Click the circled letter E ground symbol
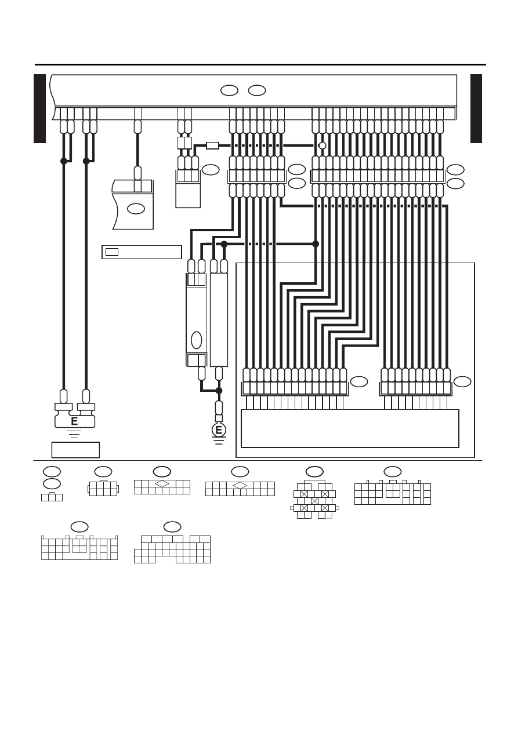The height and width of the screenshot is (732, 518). pyautogui.click(x=219, y=430)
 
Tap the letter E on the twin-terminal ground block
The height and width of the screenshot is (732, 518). pyautogui.click(x=74, y=421)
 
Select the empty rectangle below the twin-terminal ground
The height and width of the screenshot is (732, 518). pyautogui.click(x=75, y=450)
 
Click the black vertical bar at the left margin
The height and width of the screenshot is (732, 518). pyautogui.click(x=39, y=108)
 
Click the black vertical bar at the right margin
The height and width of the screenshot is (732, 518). pyautogui.click(x=476, y=108)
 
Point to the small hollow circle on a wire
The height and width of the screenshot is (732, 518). pyautogui.click(x=322, y=145)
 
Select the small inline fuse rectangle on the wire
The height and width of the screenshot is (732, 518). pyautogui.click(x=212, y=145)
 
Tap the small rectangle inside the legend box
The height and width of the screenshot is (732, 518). pyautogui.click(x=112, y=252)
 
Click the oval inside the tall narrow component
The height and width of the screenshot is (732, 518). pyautogui.click(x=196, y=340)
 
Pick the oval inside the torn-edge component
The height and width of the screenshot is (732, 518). pyautogui.click(x=136, y=209)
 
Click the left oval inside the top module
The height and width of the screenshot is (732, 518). pyautogui.click(x=229, y=90)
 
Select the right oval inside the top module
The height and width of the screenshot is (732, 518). pyautogui.click(x=257, y=90)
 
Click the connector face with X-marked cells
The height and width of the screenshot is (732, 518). pyautogui.click(x=314, y=501)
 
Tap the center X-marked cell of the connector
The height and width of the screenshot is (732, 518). pyautogui.click(x=314, y=501)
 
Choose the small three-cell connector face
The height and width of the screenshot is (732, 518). pyautogui.click(x=52, y=497)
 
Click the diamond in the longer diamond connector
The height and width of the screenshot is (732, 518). pyautogui.click(x=240, y=485)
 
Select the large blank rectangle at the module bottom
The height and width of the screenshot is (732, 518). pyautogui.click(x=350, y=428)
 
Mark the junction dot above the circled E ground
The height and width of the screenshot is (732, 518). pyautogui.click(x=219, y=391)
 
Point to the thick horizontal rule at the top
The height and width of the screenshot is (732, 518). pyautogui.click(x=260, y=65)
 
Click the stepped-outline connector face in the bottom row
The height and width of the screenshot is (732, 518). pyautogui.click(x=172, y=549)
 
